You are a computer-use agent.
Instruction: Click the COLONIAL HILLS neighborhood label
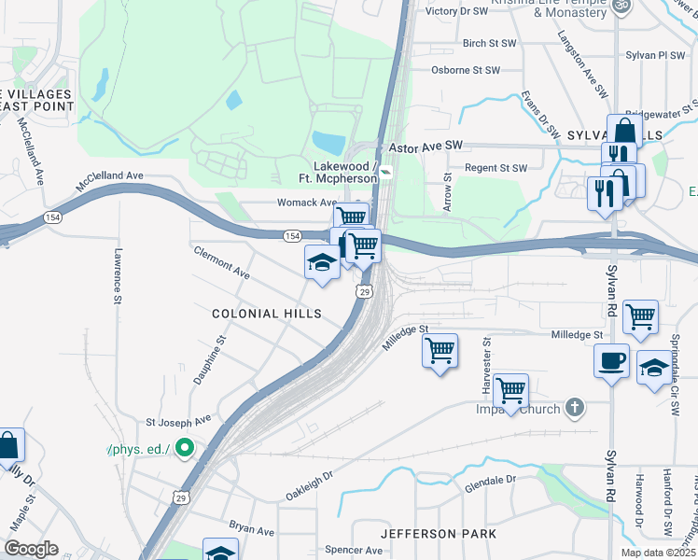click(266, 315)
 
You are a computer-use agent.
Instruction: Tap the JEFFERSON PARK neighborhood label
click(438, 534)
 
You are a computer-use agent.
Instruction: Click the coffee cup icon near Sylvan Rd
click(611, 360)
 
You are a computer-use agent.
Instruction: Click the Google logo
click(31, 549)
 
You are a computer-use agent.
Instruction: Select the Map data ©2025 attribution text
click(657, 553)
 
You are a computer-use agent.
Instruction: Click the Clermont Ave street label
click(222, 263)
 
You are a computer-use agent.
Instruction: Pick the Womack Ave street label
click(306, 203)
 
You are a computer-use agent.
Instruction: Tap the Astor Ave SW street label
click(426, 147)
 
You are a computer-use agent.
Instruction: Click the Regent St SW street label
click(496, 168)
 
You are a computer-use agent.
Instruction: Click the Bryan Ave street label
click(252, 529)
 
